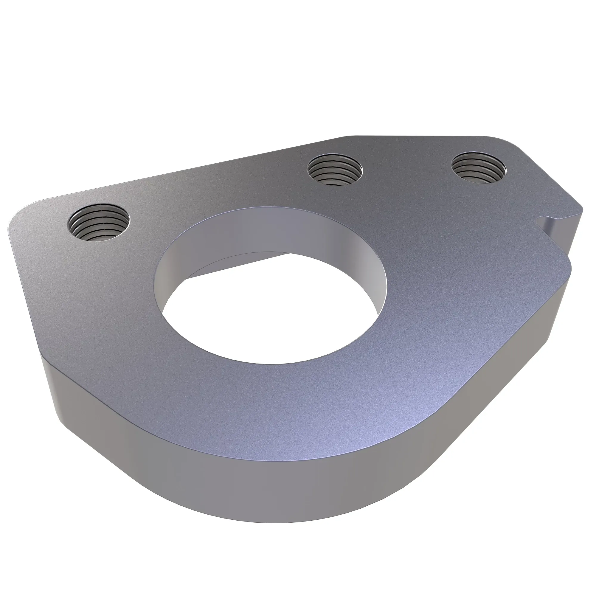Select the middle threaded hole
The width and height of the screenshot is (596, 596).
(x=335, y=170)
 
